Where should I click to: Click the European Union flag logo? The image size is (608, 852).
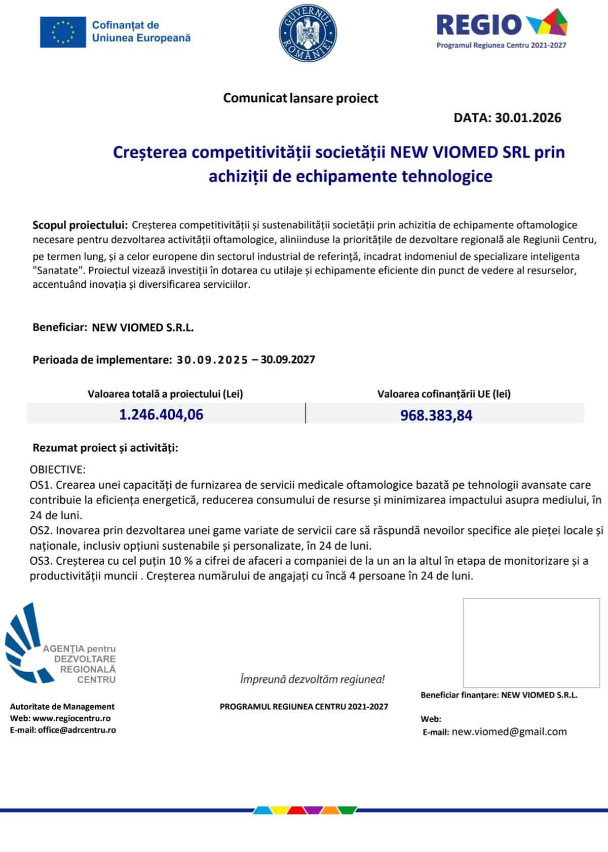(x=63, y=32)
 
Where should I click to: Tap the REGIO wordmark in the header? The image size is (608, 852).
(x=479, y=24)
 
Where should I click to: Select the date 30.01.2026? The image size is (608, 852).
(x=528, y=118)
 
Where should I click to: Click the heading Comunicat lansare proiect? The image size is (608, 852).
(x=300, y=98)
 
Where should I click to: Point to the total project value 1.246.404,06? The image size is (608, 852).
(x=161, y=414)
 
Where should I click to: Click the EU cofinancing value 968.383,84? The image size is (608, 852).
(x=436, y=415)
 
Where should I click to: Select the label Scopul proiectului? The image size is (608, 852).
(x=80, y=225)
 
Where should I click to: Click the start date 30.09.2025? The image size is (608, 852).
(x=212, y=360)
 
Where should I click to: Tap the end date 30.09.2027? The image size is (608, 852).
(x=288, y=360)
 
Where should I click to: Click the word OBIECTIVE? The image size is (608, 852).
(x=58, y=470)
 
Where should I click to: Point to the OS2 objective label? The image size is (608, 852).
(x=40, y=530)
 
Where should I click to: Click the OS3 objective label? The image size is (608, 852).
(x=40, y=561)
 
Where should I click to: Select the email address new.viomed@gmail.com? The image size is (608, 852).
(x=509, y=731)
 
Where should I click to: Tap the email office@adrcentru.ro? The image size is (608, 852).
(x=77, y=730)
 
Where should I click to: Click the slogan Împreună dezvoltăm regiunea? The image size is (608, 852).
(x=312, y=679)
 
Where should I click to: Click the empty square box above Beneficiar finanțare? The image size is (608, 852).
(x=531, y=642)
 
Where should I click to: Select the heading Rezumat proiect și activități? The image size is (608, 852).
(x=105, y=448)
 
